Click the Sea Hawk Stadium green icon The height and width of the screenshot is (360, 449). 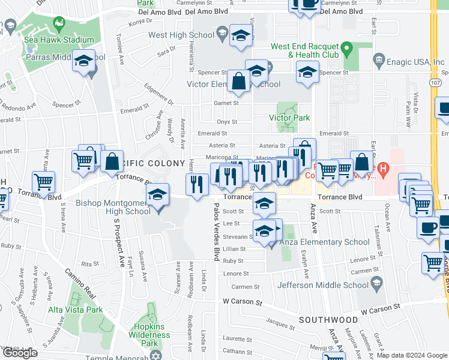point(59,25)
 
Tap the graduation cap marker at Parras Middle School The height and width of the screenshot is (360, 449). point(84,61)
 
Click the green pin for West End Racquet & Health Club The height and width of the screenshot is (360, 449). point(346,47)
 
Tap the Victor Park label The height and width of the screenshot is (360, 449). point(293,118)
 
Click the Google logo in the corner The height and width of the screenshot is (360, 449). point(20,353)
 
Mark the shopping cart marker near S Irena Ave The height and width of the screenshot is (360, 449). point(43,182)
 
